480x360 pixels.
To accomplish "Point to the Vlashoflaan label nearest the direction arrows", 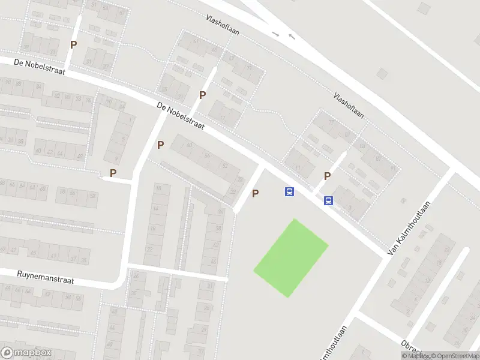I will (222, 25).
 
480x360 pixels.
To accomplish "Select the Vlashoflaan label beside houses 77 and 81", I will (349, 104).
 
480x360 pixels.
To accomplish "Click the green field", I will (291, 257).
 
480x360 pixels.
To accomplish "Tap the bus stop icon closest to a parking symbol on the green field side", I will (289, 192).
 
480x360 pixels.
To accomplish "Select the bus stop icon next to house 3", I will (328, 201).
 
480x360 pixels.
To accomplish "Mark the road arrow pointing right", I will (275, 34).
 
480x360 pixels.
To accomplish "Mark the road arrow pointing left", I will (292, 37).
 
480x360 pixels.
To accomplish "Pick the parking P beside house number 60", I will (160, 145).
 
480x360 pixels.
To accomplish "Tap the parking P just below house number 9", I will (113, 173).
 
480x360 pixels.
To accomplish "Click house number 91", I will (393, 169).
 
